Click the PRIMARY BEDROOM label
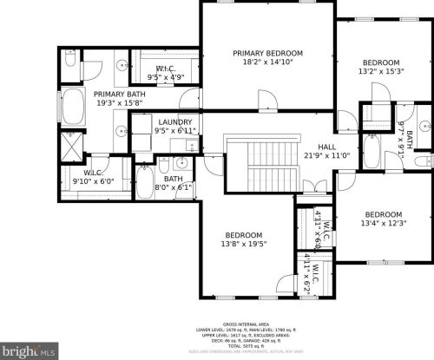(x=268, y=53)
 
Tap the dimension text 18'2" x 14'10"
(x=268, y=62)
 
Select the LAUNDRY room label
(x=174, y=121)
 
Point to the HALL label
(x=325, y=147)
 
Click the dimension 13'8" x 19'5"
(x=244, y=245)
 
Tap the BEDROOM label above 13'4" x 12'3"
(x=383, y=214)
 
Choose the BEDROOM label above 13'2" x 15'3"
(x=381, y=62)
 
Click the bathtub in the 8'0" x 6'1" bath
(x=144, y=181)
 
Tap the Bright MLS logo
(x=29, y=351)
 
